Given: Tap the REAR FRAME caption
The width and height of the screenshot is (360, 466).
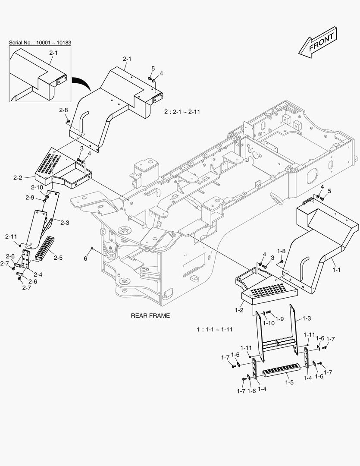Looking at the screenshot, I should coord(150,315).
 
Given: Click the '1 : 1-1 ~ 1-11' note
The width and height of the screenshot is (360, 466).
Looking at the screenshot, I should coord(214,329).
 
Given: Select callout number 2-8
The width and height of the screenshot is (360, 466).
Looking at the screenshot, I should coord(63,110).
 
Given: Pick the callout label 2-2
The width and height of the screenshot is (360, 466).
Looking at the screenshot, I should coord(18,177).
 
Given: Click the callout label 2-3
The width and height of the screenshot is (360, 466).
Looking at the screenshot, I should coord(65,223).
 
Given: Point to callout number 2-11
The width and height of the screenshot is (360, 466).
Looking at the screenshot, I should coord(11,236).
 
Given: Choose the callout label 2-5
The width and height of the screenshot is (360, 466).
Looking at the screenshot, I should coord(58,258).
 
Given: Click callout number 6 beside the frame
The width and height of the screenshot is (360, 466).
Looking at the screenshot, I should coord(85,258).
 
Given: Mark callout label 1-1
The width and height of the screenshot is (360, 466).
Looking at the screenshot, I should coord(336,270).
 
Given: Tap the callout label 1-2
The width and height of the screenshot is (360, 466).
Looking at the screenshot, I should coord(239,310).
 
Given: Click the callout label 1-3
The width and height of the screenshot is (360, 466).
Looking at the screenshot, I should coord(307,318).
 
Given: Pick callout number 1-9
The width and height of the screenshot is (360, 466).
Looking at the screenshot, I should coord(279,319).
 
